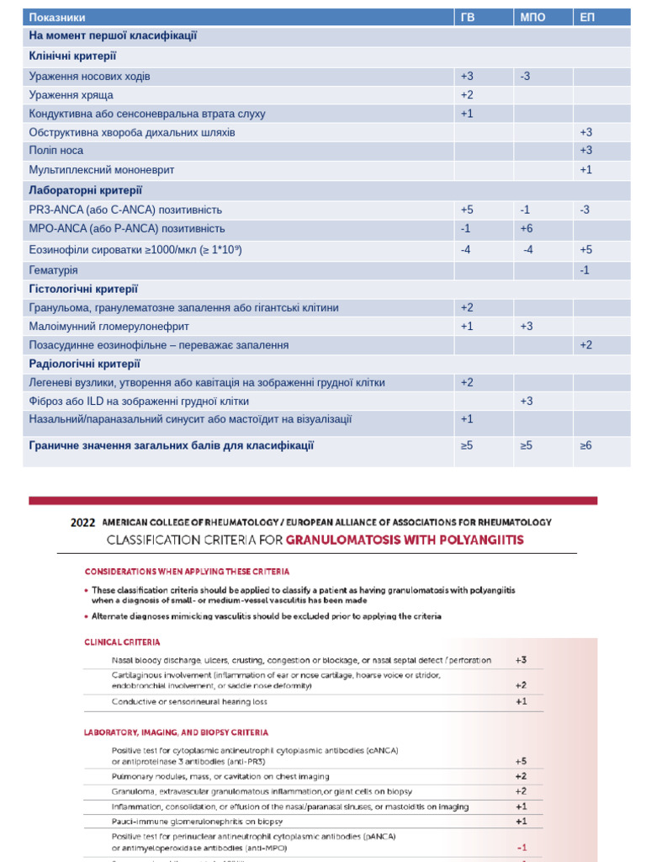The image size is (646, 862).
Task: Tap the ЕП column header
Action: (x=587, y=18)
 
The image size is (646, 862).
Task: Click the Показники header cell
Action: (x=57, y=18)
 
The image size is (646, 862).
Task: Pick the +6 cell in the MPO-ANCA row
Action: (x=527, y=228)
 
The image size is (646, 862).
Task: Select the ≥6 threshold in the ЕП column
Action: (x=585, y=445)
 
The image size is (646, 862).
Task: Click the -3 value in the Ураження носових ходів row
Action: (x=525, y=77)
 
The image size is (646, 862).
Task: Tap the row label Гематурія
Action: (x=53, y=270)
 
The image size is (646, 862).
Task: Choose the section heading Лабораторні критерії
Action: (x=86, y=190)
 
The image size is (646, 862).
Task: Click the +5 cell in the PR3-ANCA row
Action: (x=467, y=210)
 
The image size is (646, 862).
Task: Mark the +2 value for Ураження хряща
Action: (x=467, y=95)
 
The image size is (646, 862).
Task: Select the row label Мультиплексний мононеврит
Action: (x=102, y=170)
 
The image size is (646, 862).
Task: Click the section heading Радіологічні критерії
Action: (x=84, y=364)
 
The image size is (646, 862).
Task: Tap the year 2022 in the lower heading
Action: (x=83, y=522)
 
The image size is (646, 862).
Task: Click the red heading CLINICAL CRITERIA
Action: (x=122, y=641)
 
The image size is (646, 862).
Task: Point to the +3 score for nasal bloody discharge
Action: (x=522, y=660)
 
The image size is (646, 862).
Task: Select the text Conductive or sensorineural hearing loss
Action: (x=189, y=701)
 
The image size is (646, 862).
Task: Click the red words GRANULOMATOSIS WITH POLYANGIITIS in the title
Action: (x=405, y=539)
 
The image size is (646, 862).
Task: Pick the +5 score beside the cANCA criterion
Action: (x=522, y=760)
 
